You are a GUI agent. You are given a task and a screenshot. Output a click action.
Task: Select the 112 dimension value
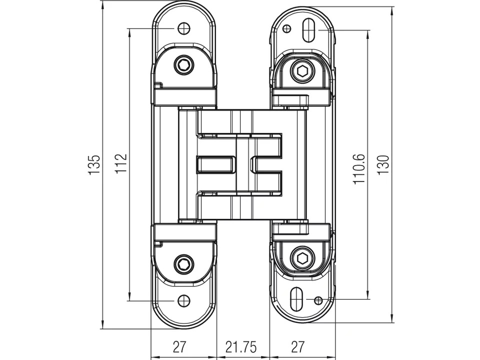[x=121, y=163]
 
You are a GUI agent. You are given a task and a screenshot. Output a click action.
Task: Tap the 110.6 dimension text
[x=359, y=168]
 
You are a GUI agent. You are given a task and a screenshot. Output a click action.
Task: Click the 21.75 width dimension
[x=241, y=347]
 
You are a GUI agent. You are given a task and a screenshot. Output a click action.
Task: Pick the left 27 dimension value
[x=179, y=347]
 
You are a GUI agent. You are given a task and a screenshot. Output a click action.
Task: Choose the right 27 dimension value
[x=298, y=347]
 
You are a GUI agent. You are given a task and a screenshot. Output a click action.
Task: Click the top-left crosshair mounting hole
[x=183, y=28]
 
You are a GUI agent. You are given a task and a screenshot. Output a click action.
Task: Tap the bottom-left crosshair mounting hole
[x=183, y=301]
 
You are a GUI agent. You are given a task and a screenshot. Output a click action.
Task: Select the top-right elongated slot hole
[x=308, y=30]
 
